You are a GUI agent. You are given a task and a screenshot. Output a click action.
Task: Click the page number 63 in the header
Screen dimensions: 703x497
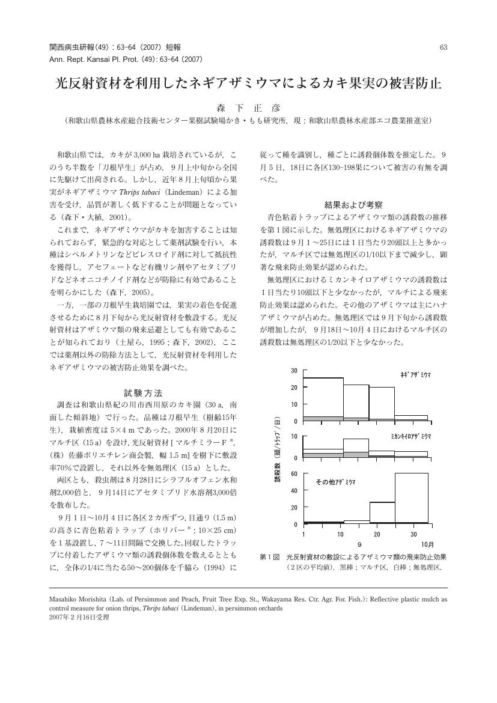[444, 47]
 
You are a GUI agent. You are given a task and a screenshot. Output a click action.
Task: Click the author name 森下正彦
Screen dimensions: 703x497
[248, 108]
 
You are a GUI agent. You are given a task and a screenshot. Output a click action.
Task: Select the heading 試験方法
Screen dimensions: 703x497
[142, 393]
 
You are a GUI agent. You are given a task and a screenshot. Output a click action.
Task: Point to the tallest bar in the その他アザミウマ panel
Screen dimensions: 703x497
[411, 498]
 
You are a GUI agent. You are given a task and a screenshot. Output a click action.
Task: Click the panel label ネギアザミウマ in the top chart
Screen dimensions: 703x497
[415, 374]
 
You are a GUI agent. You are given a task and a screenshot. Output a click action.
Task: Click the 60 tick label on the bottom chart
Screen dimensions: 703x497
[294, 473]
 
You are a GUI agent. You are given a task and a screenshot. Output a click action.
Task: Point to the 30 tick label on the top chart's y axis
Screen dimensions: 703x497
[294, 370]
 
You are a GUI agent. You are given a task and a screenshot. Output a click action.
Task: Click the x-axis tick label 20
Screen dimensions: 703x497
[377, 534]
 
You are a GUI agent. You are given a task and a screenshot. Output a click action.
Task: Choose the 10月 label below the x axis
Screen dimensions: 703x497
[427, 544]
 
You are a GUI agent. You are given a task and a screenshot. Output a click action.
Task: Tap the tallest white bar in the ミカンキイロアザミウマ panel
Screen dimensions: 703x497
[356, 445]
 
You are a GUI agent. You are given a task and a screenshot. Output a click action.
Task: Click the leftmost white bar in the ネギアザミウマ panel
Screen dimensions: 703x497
[323, 397]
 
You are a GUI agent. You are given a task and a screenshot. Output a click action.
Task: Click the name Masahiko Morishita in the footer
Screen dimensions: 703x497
[78, 599]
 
